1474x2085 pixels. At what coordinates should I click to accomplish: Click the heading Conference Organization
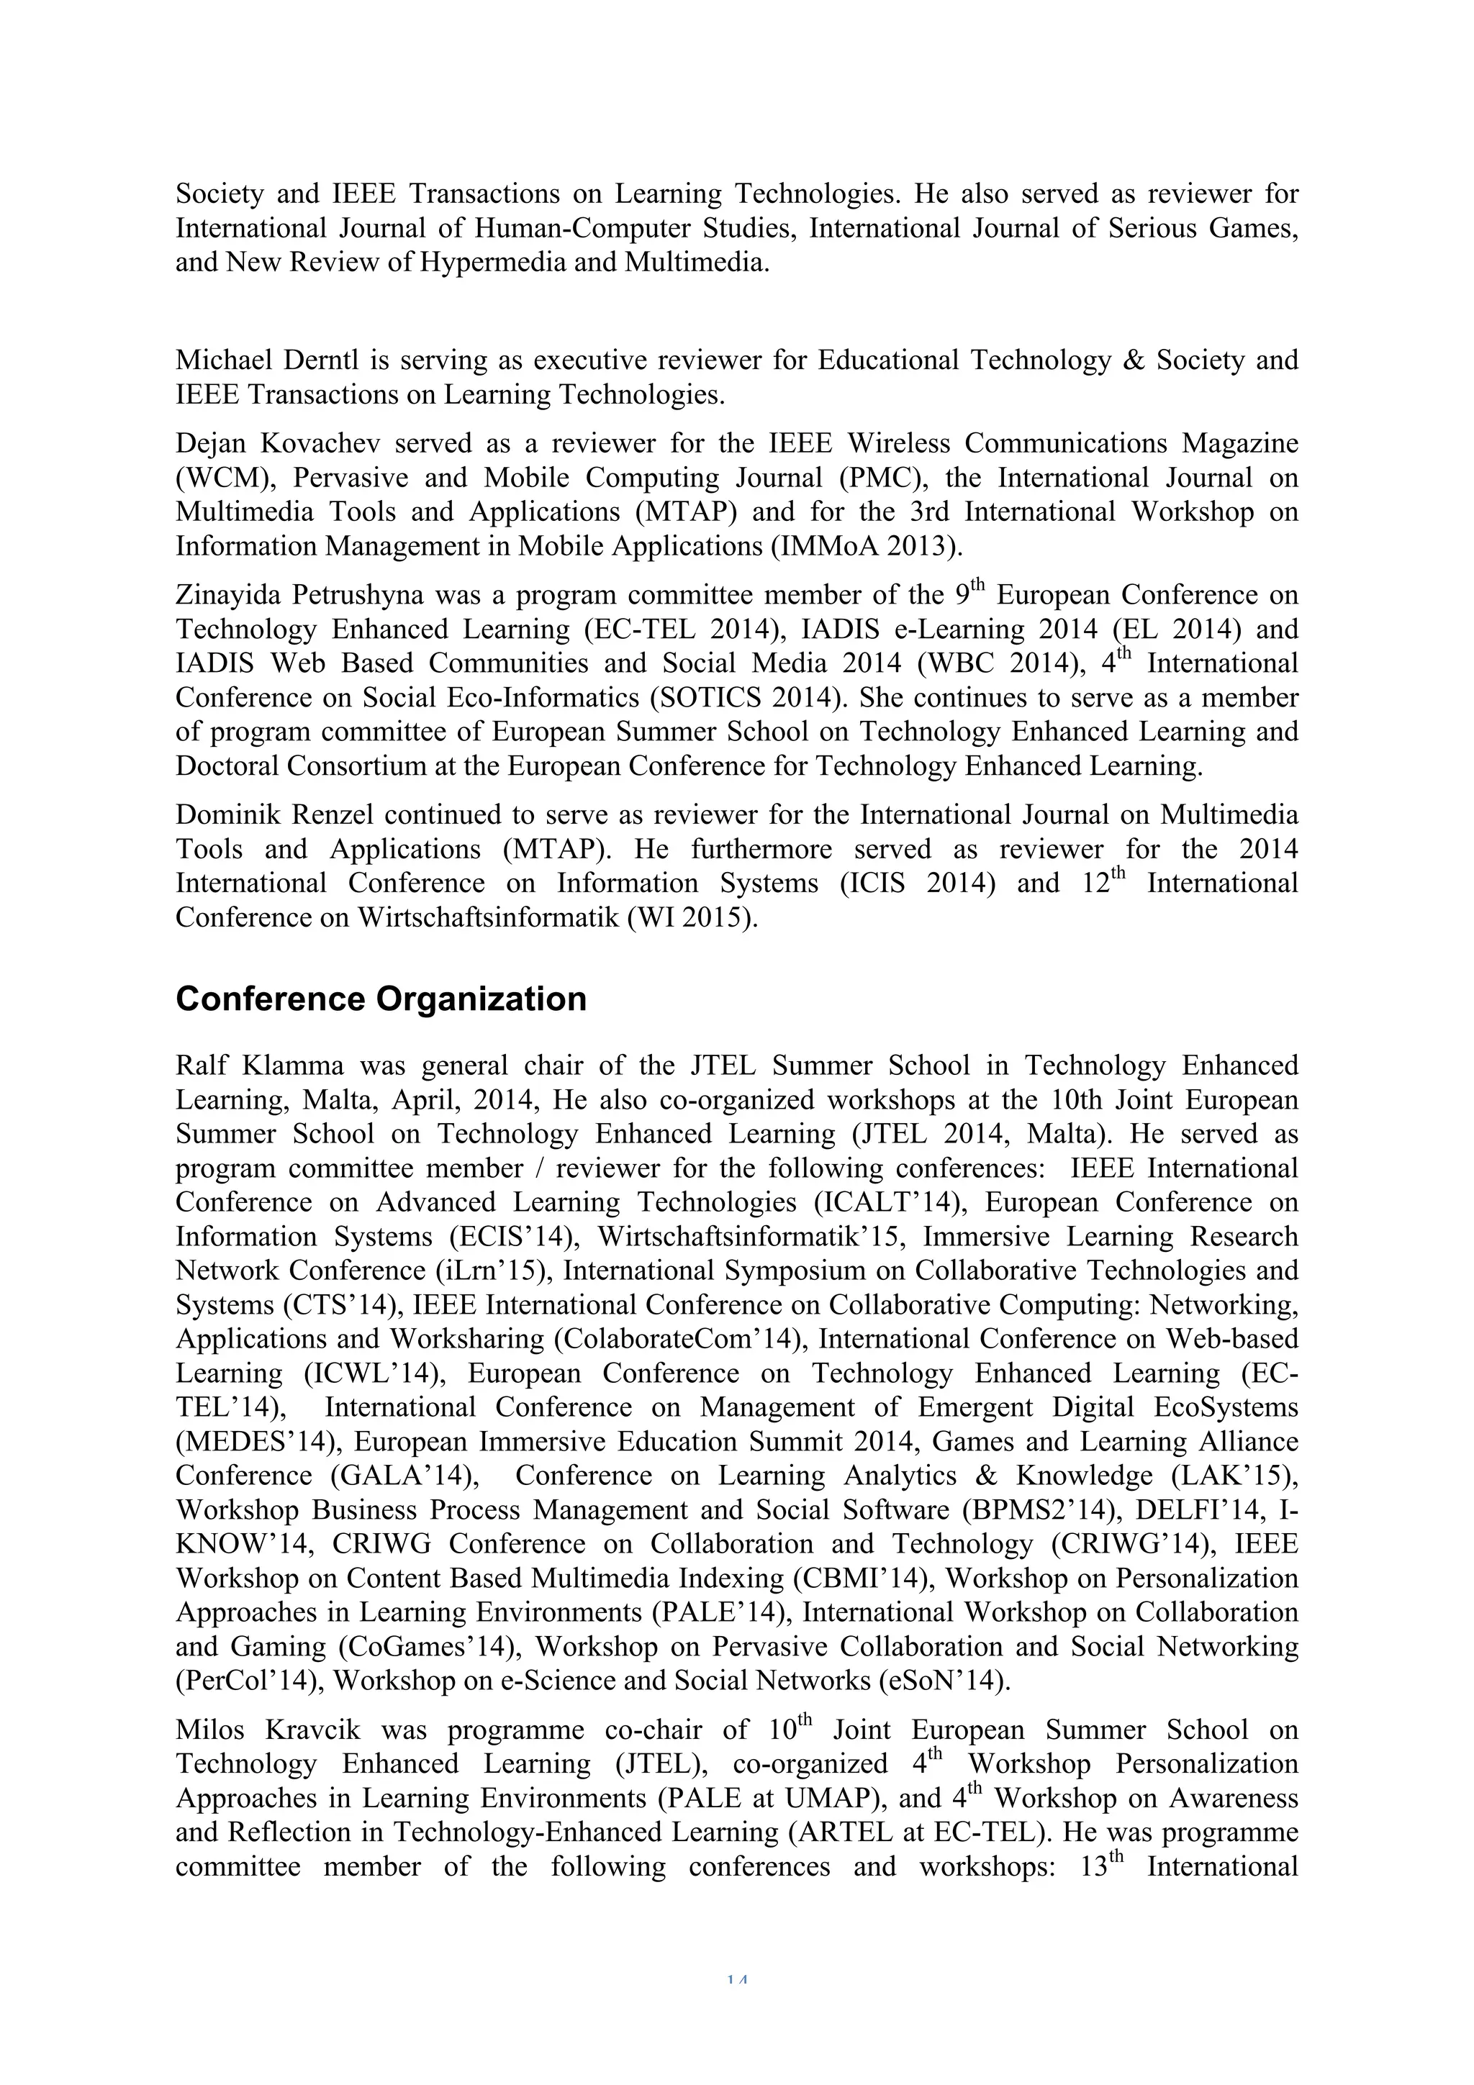[x=381, y=999]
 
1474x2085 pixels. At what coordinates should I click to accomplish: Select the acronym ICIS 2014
[x=919, y=883]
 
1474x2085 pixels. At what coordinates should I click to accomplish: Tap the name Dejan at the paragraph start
[x=209, y=444]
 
